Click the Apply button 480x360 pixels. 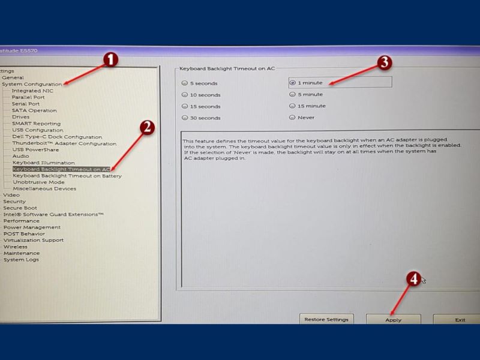tap(394, 320)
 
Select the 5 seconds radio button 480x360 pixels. tap(185, 83)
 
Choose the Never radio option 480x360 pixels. tap(292, 117)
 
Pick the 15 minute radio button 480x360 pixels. tap(292, 106)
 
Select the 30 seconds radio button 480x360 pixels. tap(185, 118)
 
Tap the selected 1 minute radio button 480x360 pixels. tap(293, 83)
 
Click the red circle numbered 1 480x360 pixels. tap(110, 59)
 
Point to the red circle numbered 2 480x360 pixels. tap(147, 127)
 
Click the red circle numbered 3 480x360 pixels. tap(385, 62)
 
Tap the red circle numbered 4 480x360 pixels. tap(413, 279)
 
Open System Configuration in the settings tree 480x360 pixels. tap(32, 84)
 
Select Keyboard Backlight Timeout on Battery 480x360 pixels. tap(67, 176)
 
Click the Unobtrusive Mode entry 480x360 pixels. tap(38, 182)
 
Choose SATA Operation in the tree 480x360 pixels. tap(34, 110)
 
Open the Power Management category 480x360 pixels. tap(32, 227)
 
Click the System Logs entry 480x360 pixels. tap(21, 260)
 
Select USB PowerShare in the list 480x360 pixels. tap(35, 149)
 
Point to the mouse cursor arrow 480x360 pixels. tap(424, 280)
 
